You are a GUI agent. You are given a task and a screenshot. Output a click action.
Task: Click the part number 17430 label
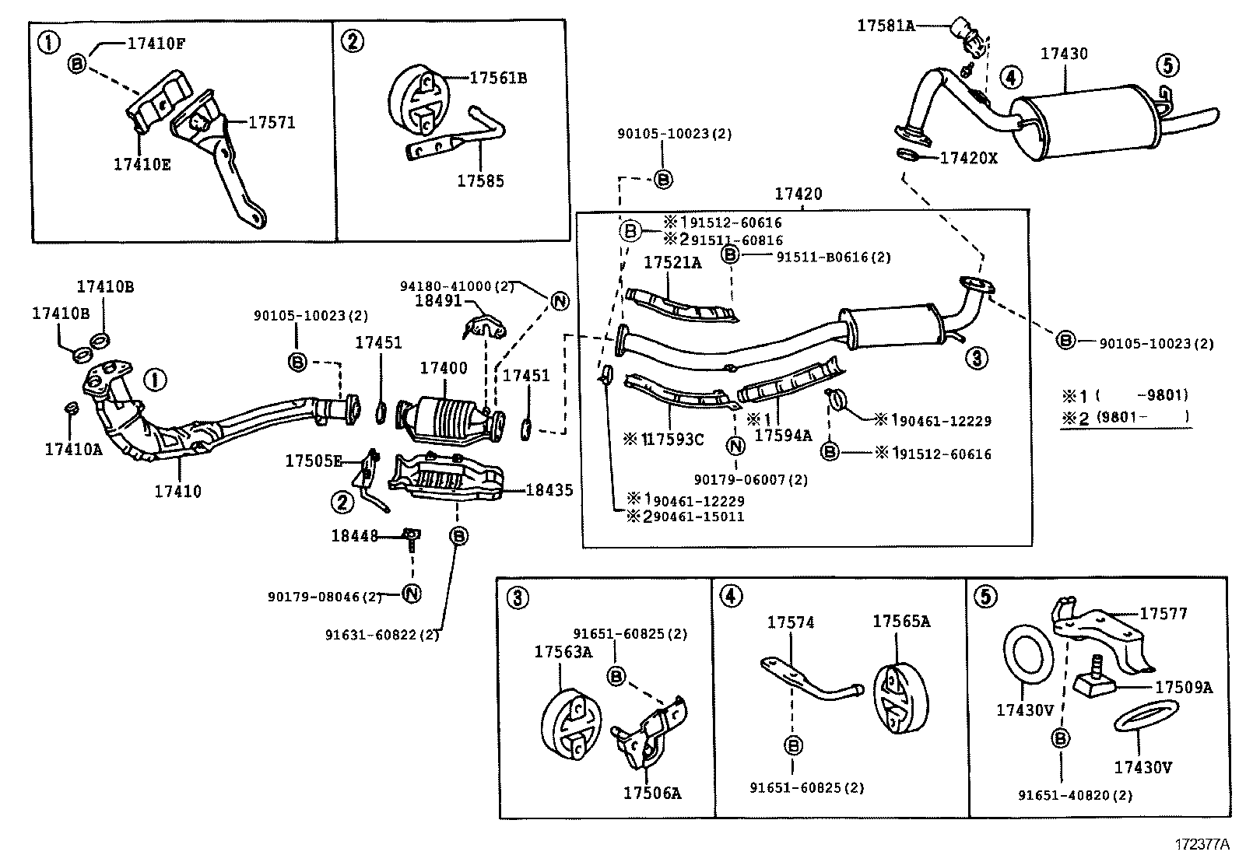tap(1064, 54)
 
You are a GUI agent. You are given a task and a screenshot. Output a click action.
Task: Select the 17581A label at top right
tap(886, 25)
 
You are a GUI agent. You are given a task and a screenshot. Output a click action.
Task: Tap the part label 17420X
tap(968, 158)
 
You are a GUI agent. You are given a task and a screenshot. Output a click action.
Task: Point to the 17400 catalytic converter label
tap(444, 369)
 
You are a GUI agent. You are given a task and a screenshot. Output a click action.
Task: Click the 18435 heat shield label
tap(549, 489)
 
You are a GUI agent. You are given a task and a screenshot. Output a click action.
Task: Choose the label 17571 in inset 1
tap(272, 122)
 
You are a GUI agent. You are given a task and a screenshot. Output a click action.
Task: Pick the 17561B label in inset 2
tap(498, 78)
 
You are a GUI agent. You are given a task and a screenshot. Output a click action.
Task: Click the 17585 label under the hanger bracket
tap(480, 180)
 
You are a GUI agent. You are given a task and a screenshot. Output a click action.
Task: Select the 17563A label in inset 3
tap(563, 652)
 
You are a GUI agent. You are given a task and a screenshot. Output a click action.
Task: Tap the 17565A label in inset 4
tap(901, 621)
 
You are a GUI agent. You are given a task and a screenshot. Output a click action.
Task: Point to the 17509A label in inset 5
tap(1183, 687)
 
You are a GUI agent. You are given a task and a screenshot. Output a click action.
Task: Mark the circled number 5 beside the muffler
tap(1167, 65)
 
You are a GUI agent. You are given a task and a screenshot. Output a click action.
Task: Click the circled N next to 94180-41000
tap(560, 301)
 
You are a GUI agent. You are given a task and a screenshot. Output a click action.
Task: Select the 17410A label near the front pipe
tap(73, 448)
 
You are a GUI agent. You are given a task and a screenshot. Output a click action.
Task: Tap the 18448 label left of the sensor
tap(354, 535)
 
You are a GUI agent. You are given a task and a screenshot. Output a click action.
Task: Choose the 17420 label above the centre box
tap(798, 194)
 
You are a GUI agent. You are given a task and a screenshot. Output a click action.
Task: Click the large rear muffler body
tap(1082, 124)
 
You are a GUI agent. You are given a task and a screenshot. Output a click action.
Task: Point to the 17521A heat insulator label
tap(672, 263)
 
